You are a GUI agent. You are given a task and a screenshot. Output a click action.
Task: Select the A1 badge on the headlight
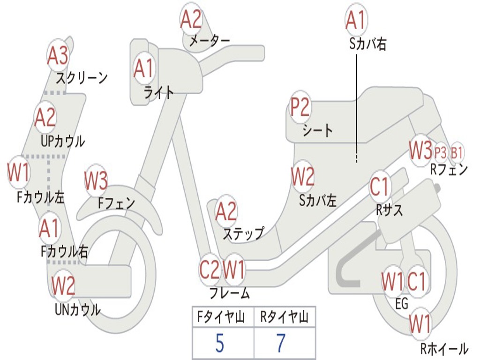(x=143, y=68)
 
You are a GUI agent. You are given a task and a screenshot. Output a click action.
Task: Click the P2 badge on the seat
(x=300, y=108)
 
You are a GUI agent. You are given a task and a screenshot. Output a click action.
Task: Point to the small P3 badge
(x=440, y=152)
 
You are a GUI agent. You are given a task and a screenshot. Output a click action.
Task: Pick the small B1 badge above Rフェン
(x=457, y=152)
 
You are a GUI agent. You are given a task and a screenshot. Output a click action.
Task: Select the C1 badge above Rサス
(x=380, y=187)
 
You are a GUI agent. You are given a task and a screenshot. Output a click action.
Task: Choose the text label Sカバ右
(x=368, y=45)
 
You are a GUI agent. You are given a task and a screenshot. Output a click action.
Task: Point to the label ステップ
(x=243, y=233)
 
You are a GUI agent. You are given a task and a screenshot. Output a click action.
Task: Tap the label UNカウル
(x=77, y=309)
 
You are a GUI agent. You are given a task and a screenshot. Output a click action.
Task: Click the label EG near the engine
(x=402, y=304)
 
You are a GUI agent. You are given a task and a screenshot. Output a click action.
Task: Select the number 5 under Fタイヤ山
(x=219, y=344)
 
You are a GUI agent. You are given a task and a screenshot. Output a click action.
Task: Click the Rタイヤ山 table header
(x=284, y=318)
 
